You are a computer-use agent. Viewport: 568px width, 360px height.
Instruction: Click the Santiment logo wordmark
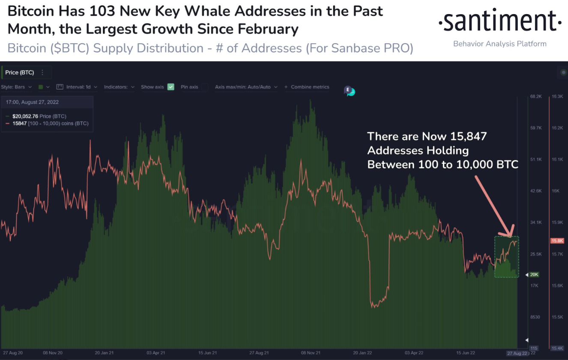[499, 21]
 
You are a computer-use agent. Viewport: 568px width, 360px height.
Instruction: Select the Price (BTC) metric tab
[20, 72]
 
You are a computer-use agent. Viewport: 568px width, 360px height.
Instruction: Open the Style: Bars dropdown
[16, 87]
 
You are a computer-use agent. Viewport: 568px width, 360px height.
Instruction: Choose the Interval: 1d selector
[77, 87]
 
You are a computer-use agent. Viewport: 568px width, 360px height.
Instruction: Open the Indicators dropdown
[119, 87]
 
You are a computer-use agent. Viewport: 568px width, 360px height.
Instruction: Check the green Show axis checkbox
[171, 87]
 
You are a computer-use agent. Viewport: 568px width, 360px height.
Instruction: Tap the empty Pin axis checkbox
[205, 87]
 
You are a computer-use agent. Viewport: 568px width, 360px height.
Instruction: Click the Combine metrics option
[307, 87]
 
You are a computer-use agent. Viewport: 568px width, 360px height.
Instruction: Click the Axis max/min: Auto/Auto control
[246, 87]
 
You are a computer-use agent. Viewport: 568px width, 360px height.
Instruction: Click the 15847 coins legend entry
[47, 123]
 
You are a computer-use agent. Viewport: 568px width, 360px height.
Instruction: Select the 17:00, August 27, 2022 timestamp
[32, 102]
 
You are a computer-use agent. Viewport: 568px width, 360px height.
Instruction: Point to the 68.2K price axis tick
[536, 96]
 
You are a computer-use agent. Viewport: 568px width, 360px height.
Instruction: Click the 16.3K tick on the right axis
[557, 96]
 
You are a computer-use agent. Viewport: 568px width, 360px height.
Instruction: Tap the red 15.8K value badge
[557, 241]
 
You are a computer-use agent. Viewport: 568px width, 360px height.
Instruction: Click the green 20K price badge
[534, 275]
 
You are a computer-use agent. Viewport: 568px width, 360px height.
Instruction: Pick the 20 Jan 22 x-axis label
[362, 353]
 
